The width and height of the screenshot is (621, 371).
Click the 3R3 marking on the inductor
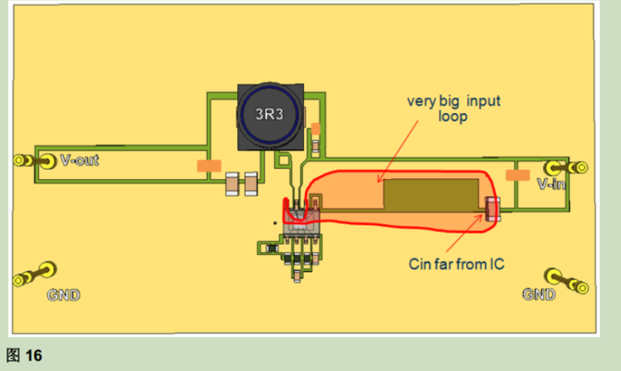(x=270, y=114)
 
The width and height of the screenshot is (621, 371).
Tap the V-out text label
(x=80, y=160)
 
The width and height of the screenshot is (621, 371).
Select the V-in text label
(x=551, y=184)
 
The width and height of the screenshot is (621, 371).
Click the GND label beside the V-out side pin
(x=63, y=295)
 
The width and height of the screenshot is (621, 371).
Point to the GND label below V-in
(x=539, y=295)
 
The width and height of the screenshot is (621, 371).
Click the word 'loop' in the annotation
(x=452, y=117)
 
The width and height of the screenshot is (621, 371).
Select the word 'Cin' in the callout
(x=421, y=264)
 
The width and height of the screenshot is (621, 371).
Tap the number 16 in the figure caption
(x=33, y=355)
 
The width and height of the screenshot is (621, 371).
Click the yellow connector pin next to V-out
(x=35, y=161)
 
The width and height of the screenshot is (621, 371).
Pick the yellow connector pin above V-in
(x=565, y=167)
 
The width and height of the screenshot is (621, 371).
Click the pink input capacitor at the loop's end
(x=492, y=209)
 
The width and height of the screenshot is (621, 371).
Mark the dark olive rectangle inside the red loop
(x=431, y=194)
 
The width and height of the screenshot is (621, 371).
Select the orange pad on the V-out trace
(x=209, y=166)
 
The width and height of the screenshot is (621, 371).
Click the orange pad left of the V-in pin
(x=517, y=175)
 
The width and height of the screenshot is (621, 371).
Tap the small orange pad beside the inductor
(x=315, y=129)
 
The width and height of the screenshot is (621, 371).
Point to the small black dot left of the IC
(x=275, y=224)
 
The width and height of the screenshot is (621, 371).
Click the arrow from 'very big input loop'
(x=398, y=151)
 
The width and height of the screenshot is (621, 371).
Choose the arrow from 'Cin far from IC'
(x=465, y=233)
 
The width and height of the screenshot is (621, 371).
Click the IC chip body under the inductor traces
(x=302, y=220)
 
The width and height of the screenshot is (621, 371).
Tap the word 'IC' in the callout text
(x=497, y=264)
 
